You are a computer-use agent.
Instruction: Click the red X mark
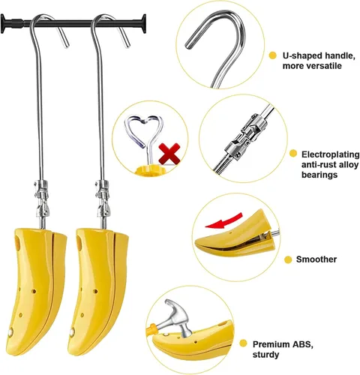pos(169,153)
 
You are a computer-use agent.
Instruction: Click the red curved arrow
pos(223,220)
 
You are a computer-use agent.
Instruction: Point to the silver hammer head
pos(178,316)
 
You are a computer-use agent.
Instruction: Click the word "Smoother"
pos(316,259)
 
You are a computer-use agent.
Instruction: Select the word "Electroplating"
pos(330,154)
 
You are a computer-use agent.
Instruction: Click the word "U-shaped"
pos(302,55)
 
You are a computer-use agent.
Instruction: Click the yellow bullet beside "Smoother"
pos(288,259)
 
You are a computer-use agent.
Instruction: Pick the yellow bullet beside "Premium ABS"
pos(243,343)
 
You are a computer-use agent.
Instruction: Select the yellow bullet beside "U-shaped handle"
pos(272,55)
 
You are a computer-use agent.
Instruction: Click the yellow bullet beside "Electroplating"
pos(293,154)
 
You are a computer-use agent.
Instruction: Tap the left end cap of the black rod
pos(3,24)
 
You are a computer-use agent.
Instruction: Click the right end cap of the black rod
pos(143,23)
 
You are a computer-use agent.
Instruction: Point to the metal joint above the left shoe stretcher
pos(41,198)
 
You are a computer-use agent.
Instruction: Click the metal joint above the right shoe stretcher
pos(103,198)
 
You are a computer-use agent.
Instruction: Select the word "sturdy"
pos(265,355)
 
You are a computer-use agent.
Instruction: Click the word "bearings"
pos(319,175)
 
